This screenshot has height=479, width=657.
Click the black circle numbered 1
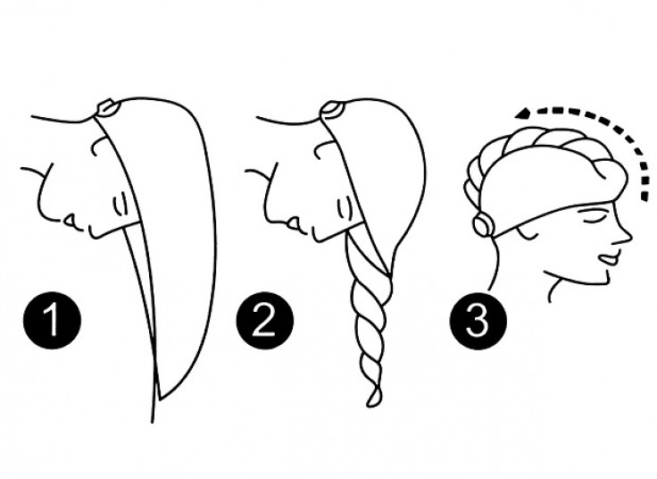[52, 321]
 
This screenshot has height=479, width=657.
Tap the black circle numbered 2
[265, 321]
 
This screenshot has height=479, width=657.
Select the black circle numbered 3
[478, 321]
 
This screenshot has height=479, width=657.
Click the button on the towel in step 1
[105, 108]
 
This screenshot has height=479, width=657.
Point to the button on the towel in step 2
[331, 109]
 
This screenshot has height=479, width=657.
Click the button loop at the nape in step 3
[484, 225]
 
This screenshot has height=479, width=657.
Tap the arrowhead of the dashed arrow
[524, 113]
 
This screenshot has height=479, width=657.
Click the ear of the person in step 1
[120, 205]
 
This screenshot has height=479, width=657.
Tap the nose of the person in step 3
[624, 236]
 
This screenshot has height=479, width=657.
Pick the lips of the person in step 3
[609, 257]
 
